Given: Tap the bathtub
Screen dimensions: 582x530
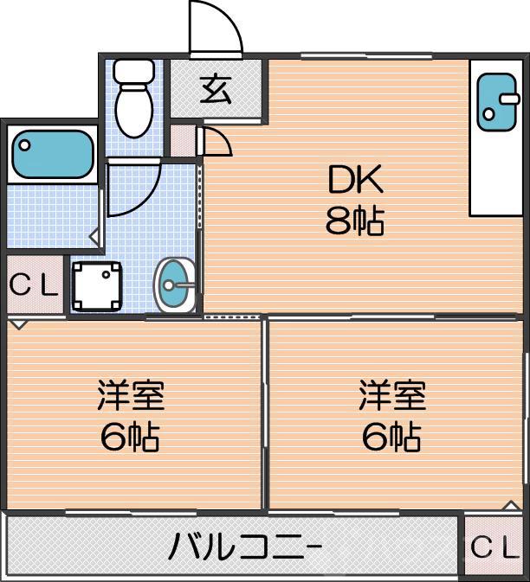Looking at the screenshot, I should [x=52, y=154].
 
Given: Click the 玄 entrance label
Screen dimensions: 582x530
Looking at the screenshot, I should [x=215, y=89].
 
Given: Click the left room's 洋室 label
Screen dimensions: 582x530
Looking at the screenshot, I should [x=130, y=397].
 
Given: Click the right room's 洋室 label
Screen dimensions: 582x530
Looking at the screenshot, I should [x=392, y=397].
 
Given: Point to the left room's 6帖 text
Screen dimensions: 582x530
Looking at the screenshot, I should [x=130, y=438].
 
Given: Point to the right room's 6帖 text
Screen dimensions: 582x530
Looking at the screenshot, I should [x=392, y=438].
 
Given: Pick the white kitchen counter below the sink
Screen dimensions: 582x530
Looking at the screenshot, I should [x=496, y=173].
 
